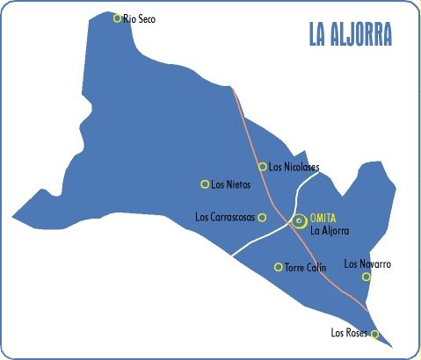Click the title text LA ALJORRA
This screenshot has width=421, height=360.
coord(350,34)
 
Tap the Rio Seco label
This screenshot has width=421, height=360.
coord(140,18)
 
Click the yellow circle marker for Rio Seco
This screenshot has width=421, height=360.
coord(117,18)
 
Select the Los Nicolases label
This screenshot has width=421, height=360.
coord(294,167)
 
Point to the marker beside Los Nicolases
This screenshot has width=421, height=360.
coord(262,166)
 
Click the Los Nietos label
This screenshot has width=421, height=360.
coord(231,184)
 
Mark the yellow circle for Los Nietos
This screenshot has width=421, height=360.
coord(205,184)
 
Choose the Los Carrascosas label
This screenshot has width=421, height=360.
coord(224,217)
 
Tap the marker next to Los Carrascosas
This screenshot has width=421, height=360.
coord(262,217)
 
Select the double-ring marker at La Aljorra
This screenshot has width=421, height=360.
coord(300,221)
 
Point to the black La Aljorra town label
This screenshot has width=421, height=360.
coord(330,231)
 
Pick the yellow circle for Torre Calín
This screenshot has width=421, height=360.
coord(279,267)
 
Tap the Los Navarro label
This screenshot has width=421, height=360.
coord(367,263)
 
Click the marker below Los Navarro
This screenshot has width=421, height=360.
coord(367,277)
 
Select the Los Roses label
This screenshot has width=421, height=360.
coord(348,333)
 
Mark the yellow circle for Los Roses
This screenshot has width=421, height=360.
coord(375,334)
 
